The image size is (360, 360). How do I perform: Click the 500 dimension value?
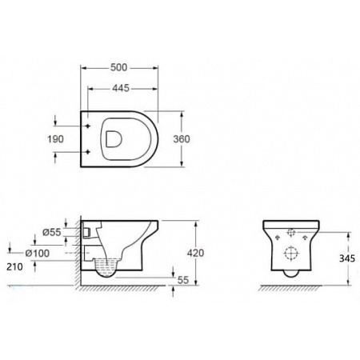click(118, 68)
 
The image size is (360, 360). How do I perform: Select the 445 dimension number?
click(121, 88)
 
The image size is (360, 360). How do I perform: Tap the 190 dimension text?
click(55, 139)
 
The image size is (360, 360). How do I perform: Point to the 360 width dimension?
click(182, 139)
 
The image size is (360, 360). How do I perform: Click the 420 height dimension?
click(195, 253)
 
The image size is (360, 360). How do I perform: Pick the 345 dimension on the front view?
click(347, 258)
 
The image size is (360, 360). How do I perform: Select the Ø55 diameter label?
click(52, 232)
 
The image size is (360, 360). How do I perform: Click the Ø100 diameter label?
click(38, 253)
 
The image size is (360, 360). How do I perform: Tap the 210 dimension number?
click(14, 266)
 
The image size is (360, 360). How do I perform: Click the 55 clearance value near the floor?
click(183, 280)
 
